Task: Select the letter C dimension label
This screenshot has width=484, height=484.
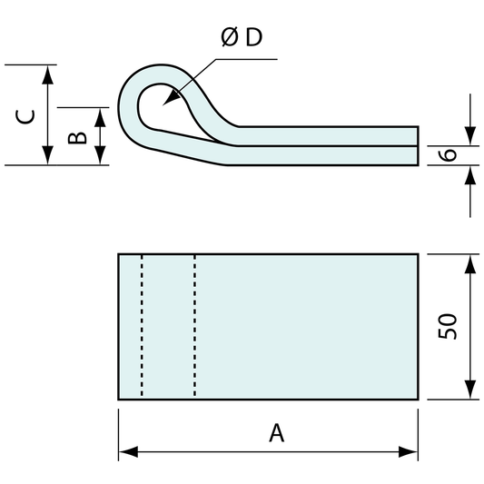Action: (28, 115)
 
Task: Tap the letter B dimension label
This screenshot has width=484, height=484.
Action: (78, 136)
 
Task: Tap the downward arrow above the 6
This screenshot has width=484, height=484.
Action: (469, 136)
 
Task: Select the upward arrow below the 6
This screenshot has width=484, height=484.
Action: (469, 174)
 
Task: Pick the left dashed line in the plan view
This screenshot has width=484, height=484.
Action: (142, 327)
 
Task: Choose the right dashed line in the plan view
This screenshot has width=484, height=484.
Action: (195, 327)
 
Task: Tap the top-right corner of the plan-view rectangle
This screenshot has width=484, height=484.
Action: (419, 255)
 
